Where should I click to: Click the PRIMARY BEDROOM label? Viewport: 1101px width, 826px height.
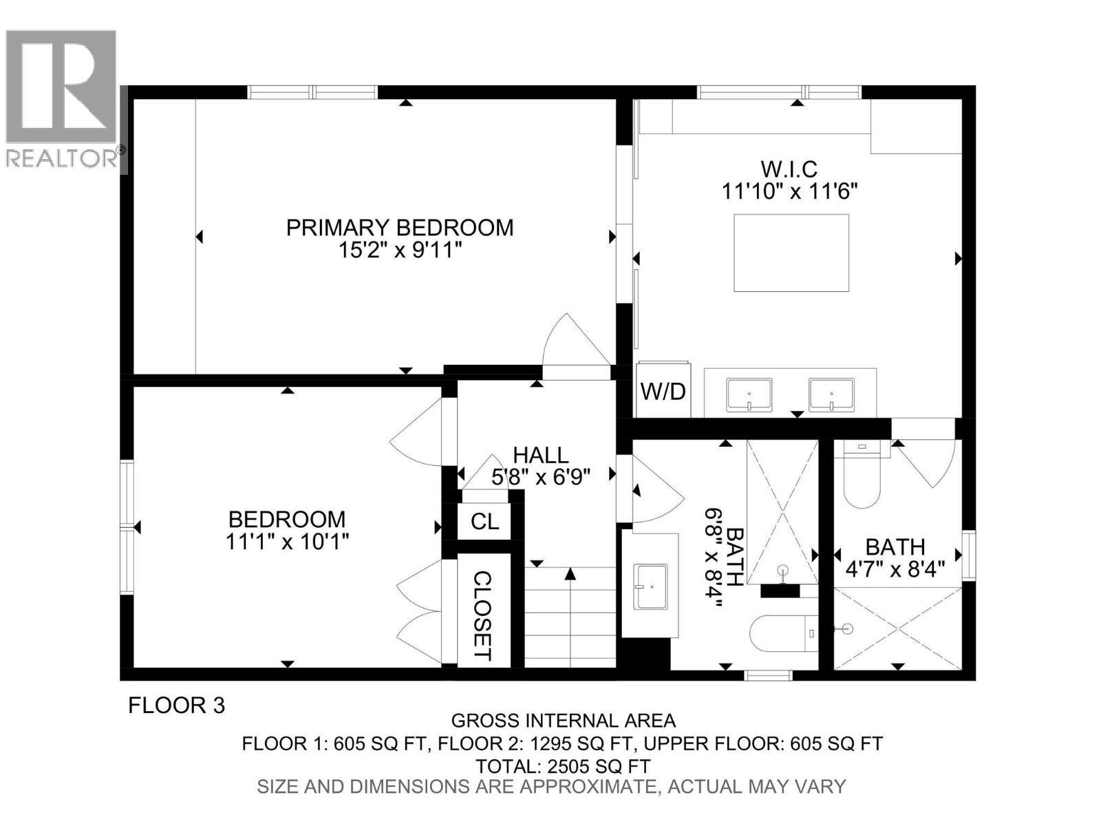(x=400, y=227)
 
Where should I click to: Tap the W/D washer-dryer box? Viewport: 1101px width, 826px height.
(x=663, y=391)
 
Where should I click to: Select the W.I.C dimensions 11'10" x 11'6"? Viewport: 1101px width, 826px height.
(x=789, y=191)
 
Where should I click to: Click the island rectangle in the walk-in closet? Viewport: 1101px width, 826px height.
(x=791, y=253)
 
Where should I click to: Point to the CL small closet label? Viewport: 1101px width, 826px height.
(x=484, y=522)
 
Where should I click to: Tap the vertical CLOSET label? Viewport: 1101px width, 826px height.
(x=483, y=615)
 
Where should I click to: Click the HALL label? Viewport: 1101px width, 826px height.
(x=541, y=455)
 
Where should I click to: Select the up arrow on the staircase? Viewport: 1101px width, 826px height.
(x=570, y=574)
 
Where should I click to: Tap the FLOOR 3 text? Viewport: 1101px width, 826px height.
(x=177, y=706)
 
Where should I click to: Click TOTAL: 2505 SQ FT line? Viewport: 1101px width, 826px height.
(x=562, y=765)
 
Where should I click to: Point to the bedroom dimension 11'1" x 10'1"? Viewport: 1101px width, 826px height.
(x=287, y=542)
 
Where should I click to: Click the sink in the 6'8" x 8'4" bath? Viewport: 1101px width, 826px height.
(x=650, y=586)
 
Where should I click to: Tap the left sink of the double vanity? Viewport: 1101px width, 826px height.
(x=749, y=395)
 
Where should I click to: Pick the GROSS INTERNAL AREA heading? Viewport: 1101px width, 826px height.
(x=563, y=721)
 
